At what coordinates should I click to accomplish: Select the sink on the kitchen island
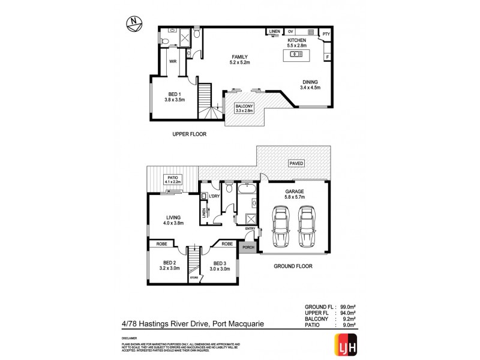click(296, 55)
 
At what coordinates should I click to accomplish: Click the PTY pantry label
click(326, 35)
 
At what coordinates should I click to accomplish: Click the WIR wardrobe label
click(172, 61)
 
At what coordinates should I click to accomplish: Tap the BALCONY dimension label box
click(245, 108)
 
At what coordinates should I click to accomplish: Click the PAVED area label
click(296, 163)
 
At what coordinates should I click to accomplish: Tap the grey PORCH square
click(247, 247)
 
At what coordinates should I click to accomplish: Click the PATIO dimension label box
click(174, 179)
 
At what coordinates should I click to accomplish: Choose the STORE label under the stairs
click(193, 278)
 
